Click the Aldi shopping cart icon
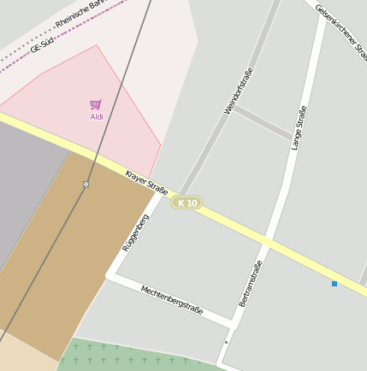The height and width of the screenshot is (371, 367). [x=96, y=104]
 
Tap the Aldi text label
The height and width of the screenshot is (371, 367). [x=97, y=116]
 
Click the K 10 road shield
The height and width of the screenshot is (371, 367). [x=186, y=203]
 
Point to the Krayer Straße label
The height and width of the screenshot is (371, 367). [x=146, y=182]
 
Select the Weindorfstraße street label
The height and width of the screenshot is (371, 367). [x=239, y=91]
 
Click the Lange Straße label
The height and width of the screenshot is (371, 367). [x=299, y=128]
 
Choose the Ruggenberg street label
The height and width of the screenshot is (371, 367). [x=135, y=233]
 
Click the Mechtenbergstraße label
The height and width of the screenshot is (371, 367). [x=172, y=299]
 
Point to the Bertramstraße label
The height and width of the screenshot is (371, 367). [x=250, y=284]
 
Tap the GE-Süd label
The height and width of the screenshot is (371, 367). [x=42, y=44]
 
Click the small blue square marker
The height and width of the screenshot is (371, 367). [x=334, y=283]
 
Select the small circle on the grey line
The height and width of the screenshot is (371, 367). [x=86, y=184]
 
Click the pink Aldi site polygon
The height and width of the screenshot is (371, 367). [x=120, y=128]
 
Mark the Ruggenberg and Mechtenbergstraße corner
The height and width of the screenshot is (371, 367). [x=110, y=274]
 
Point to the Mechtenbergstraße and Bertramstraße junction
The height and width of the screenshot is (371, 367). [x=233, y=324]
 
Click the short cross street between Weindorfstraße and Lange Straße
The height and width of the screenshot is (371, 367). [x=261, y=123]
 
